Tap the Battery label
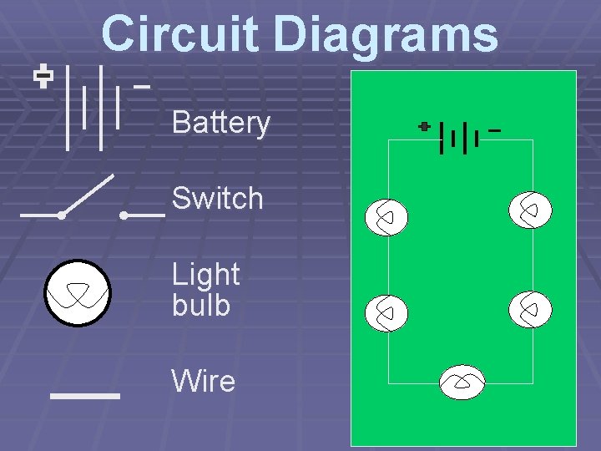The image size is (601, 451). pyautogui.click(x=221, y=124)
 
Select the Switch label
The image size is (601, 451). pyautogui.click(x=217, y=199)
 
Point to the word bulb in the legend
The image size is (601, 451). pyautogui.click(x=200, y=305)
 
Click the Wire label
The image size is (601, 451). pyautogui.click(x=204, y=382)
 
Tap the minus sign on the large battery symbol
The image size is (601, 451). pyautogui.click(x=142, y=85)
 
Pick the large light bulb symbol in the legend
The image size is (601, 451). pyautogui.click(x=78, y=293)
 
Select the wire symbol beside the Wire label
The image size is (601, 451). pyautogui.click(x=85, y=395)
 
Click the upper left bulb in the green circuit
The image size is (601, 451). pyautogui.click(x=386, y=218)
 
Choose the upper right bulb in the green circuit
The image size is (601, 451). pyautogui.click(x=530, y=210)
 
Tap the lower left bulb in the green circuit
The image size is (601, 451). pyautogui.click(x=386, y=313)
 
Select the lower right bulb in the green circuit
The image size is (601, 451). pyautogui.click(x=530, y=310)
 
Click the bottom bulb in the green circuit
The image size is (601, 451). pyautogui.click(x=462, y=383)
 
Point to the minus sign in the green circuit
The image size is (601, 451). pyautogui.click(x=495, y=130)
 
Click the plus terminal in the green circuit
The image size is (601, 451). pyautogui.click(x=425, y=127)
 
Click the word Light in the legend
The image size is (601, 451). pyautogui.click(x=205, y=274)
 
